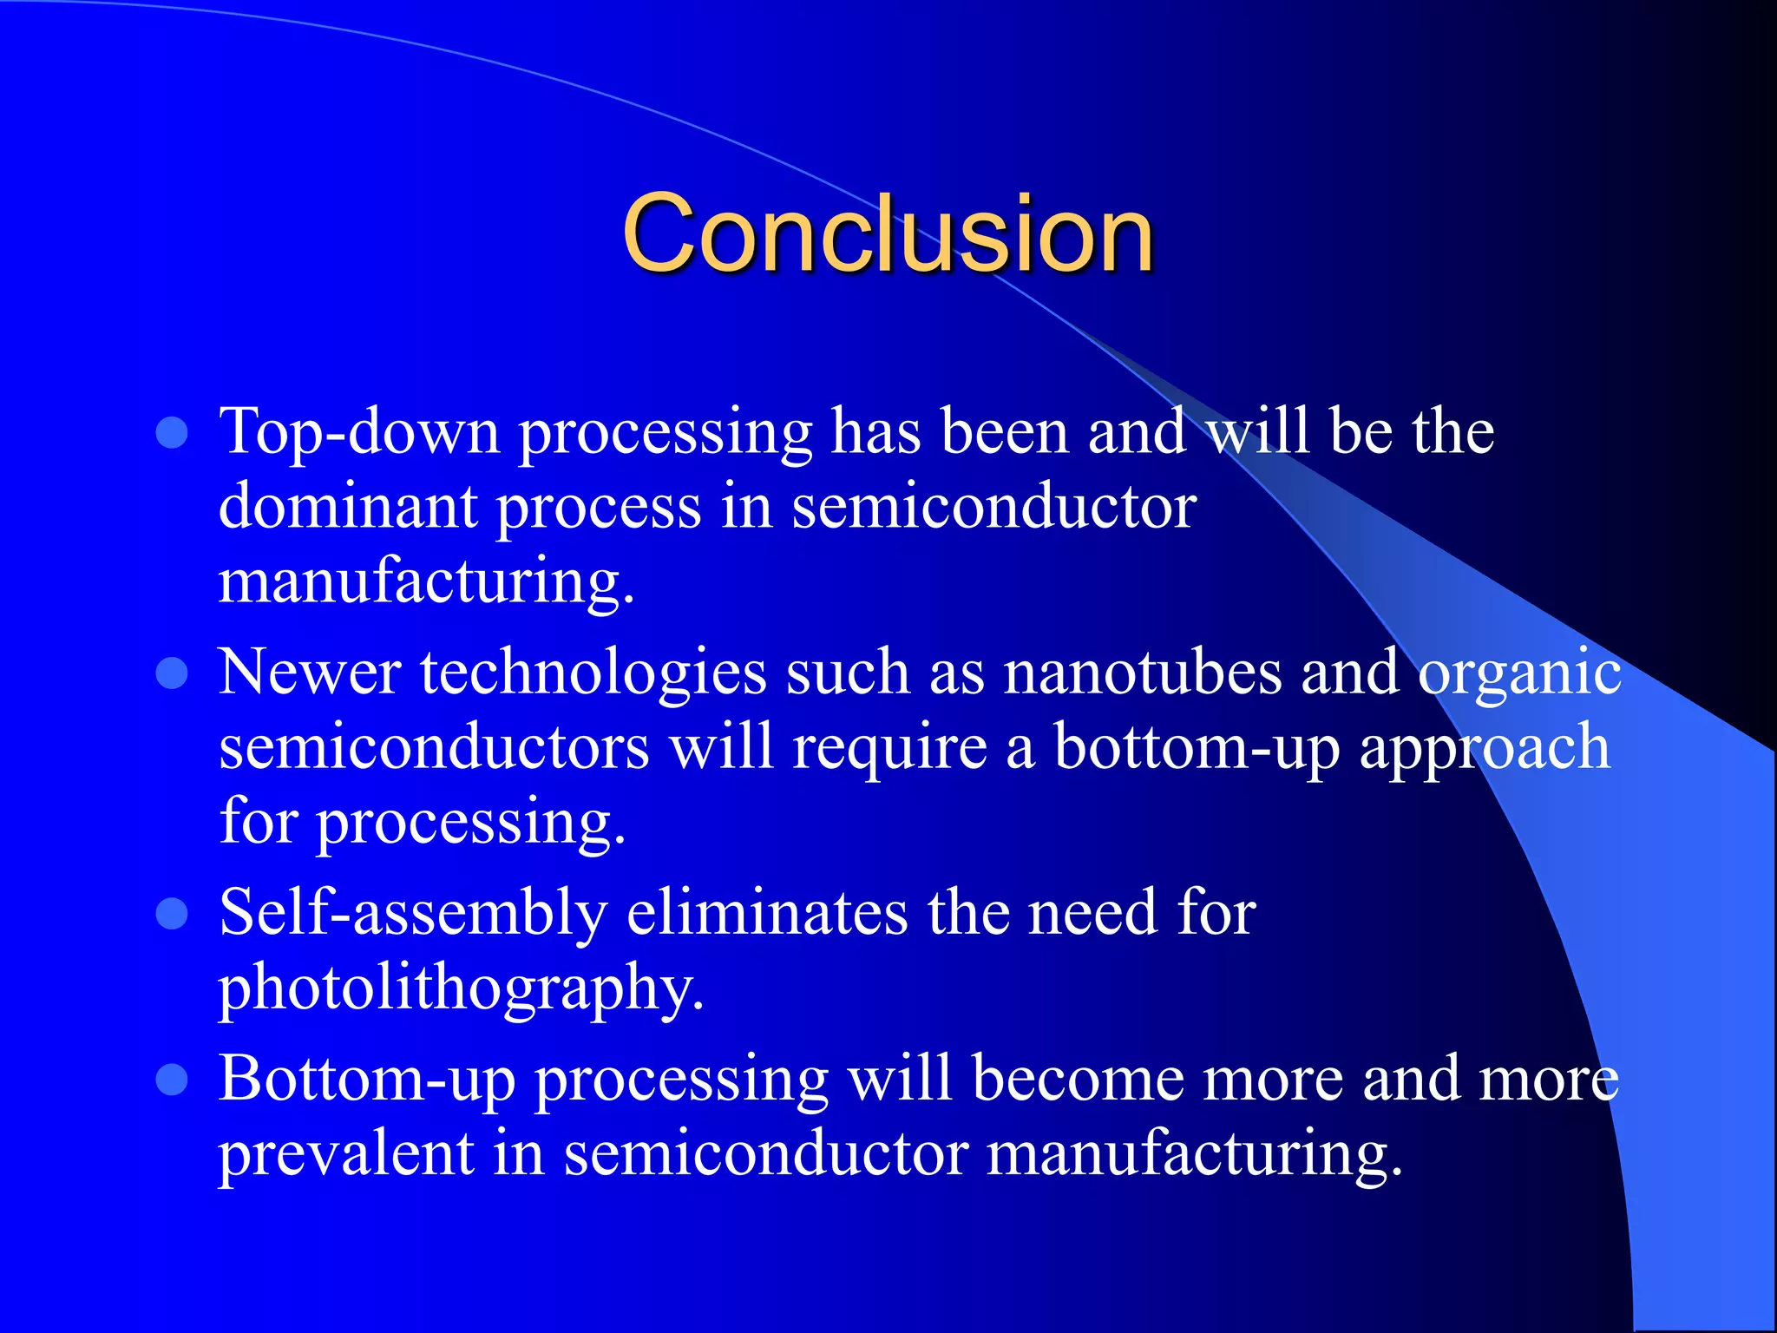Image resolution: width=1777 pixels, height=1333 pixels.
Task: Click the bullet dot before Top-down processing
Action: (172, 432)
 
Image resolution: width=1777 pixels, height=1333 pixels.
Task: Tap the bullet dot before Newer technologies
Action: (172, 673)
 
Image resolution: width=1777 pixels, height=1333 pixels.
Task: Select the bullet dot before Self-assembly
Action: (172, 914)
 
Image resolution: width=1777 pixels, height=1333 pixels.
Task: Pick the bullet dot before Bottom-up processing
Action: (172, 1080)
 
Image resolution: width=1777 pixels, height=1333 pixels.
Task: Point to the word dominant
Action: (347, 506)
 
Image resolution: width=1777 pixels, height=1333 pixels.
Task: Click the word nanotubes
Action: (1142, 673)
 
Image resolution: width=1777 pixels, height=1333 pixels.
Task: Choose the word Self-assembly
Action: (412, 913)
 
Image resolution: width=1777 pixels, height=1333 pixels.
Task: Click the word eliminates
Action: (766, 913)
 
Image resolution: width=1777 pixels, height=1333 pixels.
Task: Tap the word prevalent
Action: (345, 1154)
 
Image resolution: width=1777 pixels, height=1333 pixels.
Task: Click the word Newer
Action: (310, 673)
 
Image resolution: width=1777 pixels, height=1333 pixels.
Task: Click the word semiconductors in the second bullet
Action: (433, 747)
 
